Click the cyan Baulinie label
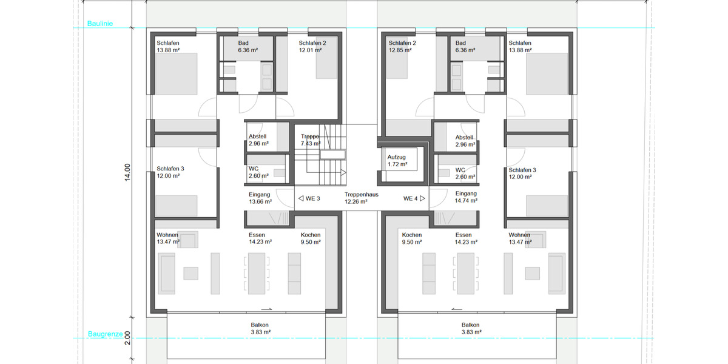click(99, 24)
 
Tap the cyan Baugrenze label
click(106, 334)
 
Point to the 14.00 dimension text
click(127, 172)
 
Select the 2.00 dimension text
click(127, 338)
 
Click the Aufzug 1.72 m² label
click(397, 161)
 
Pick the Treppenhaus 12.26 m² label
click(361, 198)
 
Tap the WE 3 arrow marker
click(301, 198)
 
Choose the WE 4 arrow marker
click(422, 198)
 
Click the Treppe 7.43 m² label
click(311, 140)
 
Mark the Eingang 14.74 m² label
click(466, 197)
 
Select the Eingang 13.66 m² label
click(260, 198)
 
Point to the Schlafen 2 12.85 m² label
click(402, 47)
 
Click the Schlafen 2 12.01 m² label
click(312, 47)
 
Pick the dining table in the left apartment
click(257, 274)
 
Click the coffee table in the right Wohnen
click(533, 274)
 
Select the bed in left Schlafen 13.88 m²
click(176, 74)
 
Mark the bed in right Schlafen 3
click(547, 206)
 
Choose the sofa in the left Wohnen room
click(166, 274)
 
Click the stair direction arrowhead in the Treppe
click(343, 172)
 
